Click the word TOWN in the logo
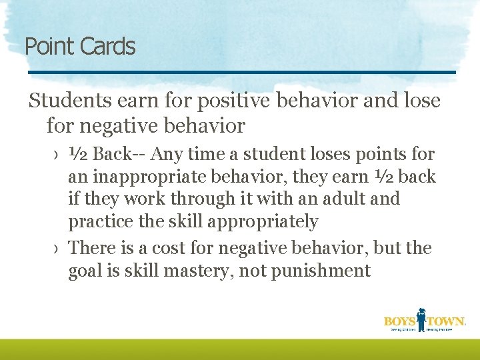446,321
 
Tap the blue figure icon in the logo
422,318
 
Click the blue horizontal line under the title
240,72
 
